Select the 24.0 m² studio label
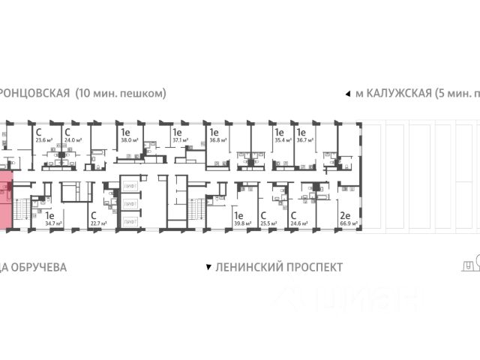pyautogui.click(x=73, y=139)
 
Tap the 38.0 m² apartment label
pyautogui.click(x=130, y=139)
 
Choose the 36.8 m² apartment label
pyautogui.click(x=218, y=139)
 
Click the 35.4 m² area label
pyautogui.click(x=283, y=139)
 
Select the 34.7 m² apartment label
pyautogui.click(x=52, y=223)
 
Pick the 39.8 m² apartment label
pyautogui.click(x=241, y=223)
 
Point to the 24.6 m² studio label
pyautogui.click(x=299, y=223)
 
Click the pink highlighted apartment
pyautogui.click(x=6, y=200)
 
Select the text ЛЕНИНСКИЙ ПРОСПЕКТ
pyautogui.click(x=278, y=267)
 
